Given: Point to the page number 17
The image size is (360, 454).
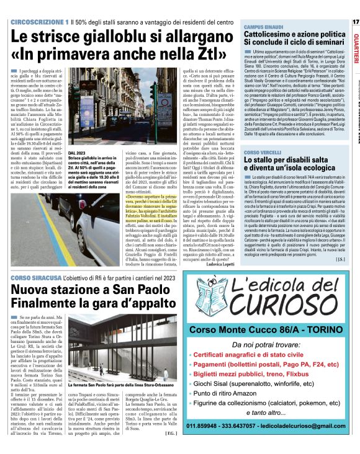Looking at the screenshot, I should click(x=355, y=22).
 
